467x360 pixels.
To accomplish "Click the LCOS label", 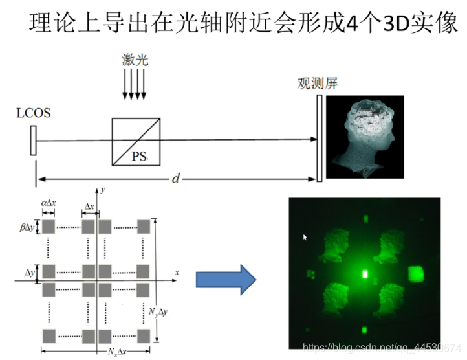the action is click(x=33, y=114).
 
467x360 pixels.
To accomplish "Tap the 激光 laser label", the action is click(x=135, y=61).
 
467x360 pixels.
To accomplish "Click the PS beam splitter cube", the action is click(x=135, y=141).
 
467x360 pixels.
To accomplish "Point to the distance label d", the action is click(x=175, y=179).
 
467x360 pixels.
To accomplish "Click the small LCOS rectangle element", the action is click(x=32, y=141).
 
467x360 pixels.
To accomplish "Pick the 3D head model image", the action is click(x=364, y=137).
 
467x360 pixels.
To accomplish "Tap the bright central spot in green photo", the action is click(x=364, y=275).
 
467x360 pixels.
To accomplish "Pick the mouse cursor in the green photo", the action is click(x=305, y=238).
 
